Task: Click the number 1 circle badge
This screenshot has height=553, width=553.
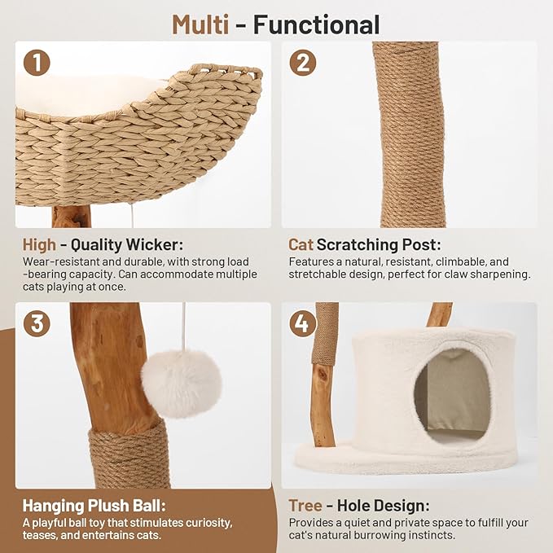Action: (37, 62)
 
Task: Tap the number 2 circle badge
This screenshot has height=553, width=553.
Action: (303, 62)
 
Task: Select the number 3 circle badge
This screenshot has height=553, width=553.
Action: (37, 323)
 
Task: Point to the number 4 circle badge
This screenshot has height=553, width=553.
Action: (303, 323)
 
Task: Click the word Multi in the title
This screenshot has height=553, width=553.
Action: (200, 24)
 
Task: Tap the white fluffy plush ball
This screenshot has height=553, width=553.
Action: (181, 384)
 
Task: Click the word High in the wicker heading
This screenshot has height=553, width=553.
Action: (39, 245)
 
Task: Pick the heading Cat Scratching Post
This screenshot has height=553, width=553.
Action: (364, 245)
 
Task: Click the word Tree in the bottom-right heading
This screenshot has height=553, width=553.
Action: (305, 505)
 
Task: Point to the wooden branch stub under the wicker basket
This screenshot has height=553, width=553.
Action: (71, 217)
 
